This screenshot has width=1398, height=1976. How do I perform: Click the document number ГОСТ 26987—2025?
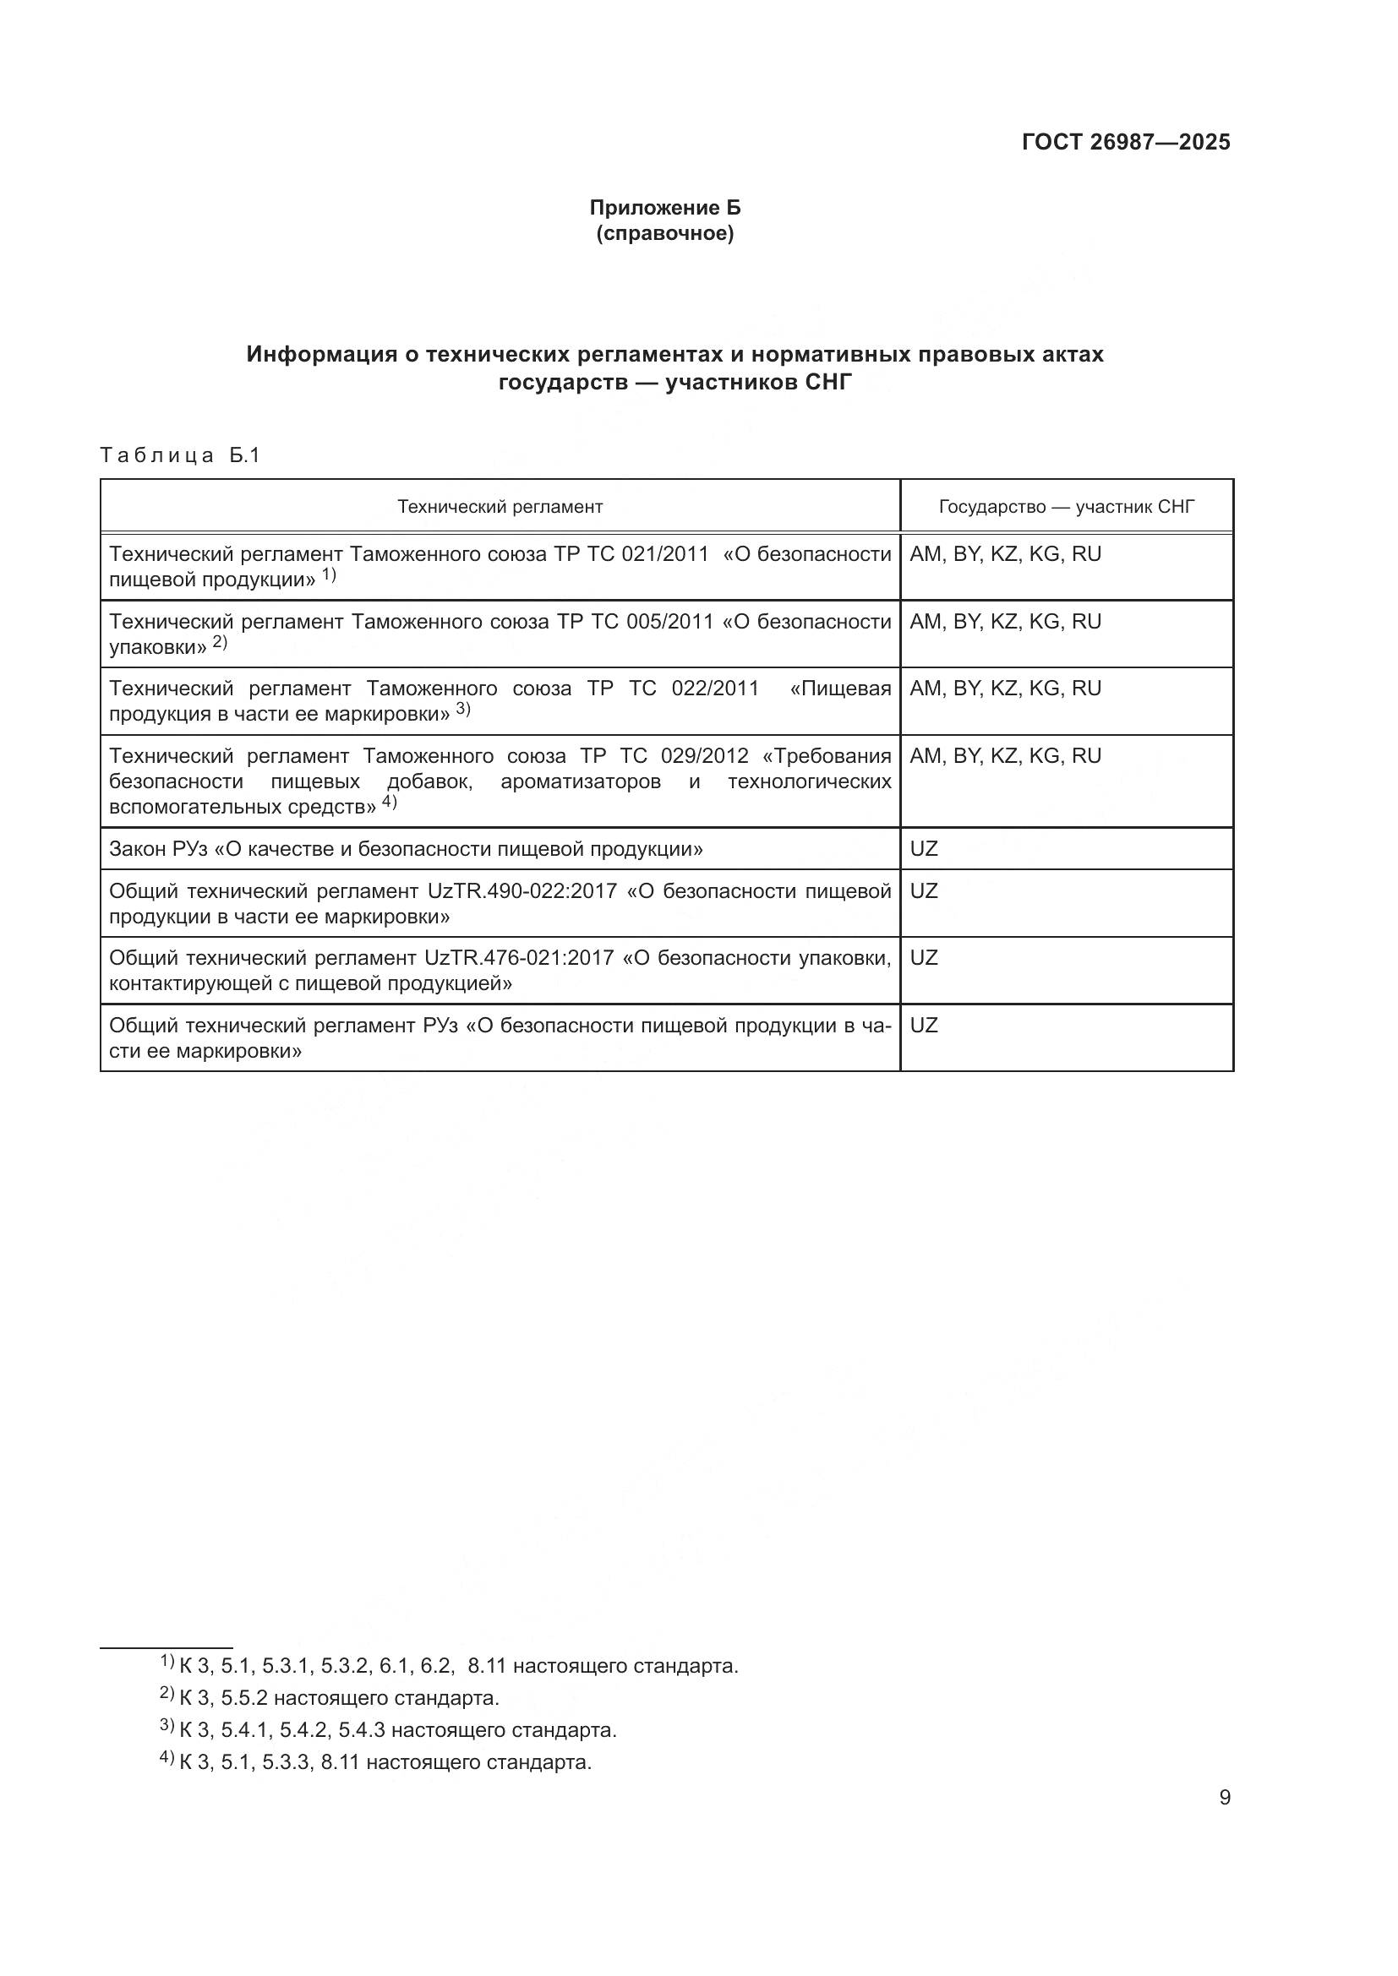[x=1125, y=142]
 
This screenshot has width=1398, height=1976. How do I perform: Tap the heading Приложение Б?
[x=664, y=208]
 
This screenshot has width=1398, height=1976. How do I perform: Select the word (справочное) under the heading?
[x=664, y=233]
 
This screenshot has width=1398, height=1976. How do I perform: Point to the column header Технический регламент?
[x=500, y=506]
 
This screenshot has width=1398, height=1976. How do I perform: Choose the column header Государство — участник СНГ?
[x=1066, y=506]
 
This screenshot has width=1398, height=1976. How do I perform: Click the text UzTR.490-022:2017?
[x=522, y=890]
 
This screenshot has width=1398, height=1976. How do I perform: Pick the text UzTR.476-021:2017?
[x=519, y=958]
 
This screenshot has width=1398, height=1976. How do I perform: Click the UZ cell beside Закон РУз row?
[x=923, y=848]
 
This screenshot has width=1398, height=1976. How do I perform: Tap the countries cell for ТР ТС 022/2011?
[x=1005, y=689]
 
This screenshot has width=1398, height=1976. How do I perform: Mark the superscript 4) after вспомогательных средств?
[x=389, y=802]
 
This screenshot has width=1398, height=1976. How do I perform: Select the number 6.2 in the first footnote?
[x=436, y=1665]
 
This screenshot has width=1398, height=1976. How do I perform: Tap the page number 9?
[x=1224, y=1798]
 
